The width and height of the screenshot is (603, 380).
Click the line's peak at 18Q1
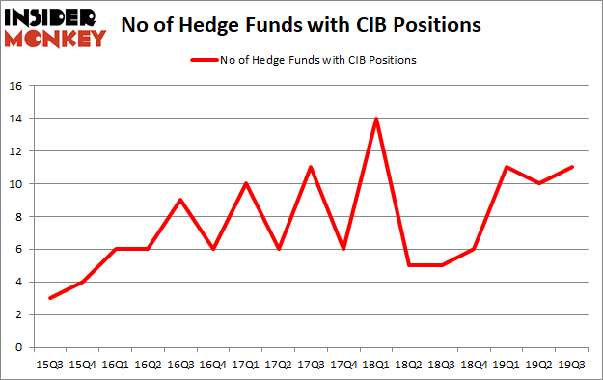[x=375, y=119]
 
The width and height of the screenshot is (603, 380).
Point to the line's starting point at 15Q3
[x=49, y=298]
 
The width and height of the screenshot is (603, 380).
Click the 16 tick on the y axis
[x=15, y=86]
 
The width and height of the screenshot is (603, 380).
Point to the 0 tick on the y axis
[x=19, y=347]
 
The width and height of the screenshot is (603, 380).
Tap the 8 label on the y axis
[x=19, y=217]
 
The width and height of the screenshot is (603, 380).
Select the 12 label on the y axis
[x=15, y=151]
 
